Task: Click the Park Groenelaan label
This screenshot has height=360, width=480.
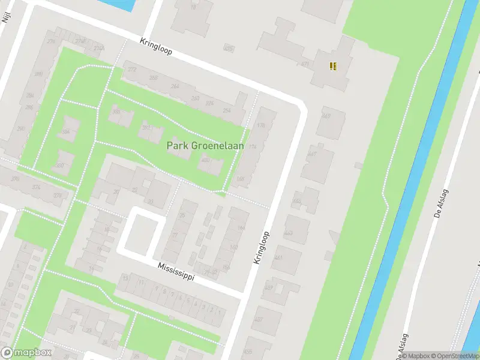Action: click(201, 146)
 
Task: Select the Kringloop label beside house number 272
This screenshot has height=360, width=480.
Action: click(155, 47)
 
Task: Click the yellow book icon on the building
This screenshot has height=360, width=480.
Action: click(333, 66)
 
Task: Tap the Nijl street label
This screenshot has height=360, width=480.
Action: click(7, 14)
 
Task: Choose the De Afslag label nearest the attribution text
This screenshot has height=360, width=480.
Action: click(398, 344)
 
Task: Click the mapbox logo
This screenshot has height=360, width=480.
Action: click(26, 353)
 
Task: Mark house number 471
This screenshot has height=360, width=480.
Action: click(305, 64)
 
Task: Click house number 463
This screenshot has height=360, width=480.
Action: click(289, 232)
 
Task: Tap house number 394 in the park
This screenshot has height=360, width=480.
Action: click(66, 131)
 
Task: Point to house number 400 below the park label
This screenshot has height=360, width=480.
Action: click(206, 160)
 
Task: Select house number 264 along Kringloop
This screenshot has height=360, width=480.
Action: click(175, 86)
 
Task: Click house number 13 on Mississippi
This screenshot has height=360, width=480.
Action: click(125, 278)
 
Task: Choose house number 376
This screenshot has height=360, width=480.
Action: click(37, 187)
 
